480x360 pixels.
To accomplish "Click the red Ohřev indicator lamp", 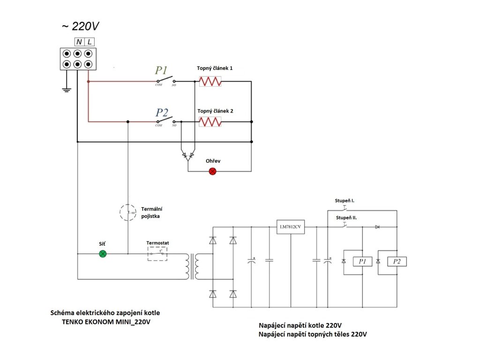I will click(212, 171).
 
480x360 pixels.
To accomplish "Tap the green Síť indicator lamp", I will click(103, 254).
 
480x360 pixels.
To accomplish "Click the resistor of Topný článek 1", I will click(210, 82).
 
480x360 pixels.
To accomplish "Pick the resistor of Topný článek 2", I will click(210, 122).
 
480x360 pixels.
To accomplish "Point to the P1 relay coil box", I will click(362, 262).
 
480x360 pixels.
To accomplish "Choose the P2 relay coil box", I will click(397, 262).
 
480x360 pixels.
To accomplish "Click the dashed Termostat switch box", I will click(157, 254).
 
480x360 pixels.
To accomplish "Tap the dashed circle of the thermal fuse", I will click(127, 212).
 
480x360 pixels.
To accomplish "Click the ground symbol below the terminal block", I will click(67, 89).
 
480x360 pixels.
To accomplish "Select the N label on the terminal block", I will click(79, 42).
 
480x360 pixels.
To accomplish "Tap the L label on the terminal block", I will click(90, 42).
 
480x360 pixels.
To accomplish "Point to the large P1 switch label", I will click(161, 70).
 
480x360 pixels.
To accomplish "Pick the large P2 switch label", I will click(162, 113).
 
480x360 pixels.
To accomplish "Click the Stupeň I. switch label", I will click(345, 201).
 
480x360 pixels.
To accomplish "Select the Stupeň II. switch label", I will click(346, 218).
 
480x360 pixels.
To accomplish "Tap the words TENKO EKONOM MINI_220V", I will click(107, 322).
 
